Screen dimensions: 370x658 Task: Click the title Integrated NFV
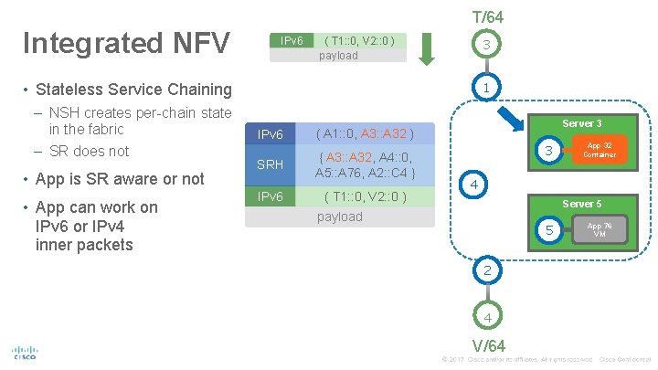[x=129, y=44]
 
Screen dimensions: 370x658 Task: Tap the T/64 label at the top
[x=487, y=16]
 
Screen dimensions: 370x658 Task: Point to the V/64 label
[x=488, y=345]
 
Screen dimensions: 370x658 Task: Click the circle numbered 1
[x=488, y=88]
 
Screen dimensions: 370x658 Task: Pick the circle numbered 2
[x=488, y=270]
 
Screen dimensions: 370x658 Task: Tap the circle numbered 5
[x=549, y=231]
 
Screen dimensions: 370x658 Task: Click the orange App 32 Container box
[x=600, y=150]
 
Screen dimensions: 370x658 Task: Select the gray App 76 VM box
[x=600, y=229]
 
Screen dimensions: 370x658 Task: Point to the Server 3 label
[x=581, y=123]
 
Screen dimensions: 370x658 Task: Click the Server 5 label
[x=581, y=204]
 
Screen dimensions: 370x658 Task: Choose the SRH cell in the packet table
[x=271, y=164]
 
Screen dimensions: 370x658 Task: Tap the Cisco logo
[x=24, y=353]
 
